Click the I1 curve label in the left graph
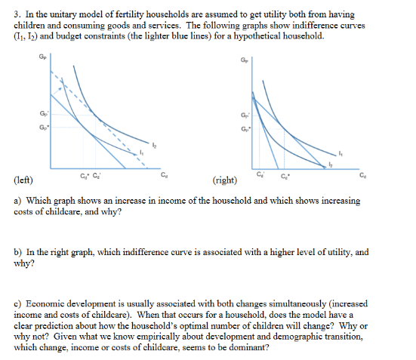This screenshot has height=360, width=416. click(141, 154)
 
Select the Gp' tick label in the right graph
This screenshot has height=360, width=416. click(242, 114)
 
